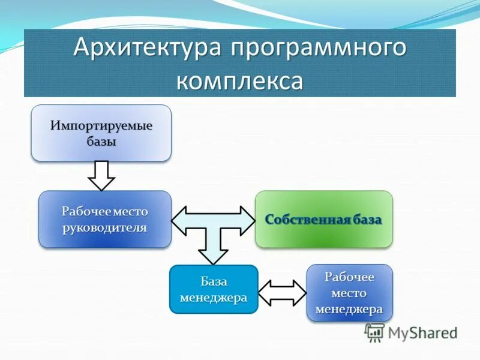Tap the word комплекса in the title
(x=239, y=80)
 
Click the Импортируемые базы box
(x=101, y=133)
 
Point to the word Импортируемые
(x=101, y=127)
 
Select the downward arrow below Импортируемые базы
(x=101, y=175)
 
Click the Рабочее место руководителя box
(x=104, y=219)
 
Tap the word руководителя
(x=104, y=227)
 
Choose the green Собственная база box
(x=324, y=219)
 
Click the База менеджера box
(x=214, y=289)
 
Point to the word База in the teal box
(x=214, y=281)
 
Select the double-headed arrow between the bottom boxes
(x=282, y=292)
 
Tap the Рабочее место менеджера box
(x=349, y=293)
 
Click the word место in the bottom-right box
(x=349, y=293)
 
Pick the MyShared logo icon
(x=375, y=332)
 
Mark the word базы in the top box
(x=101, y=142)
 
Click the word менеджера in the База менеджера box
(x=214, y=298)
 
